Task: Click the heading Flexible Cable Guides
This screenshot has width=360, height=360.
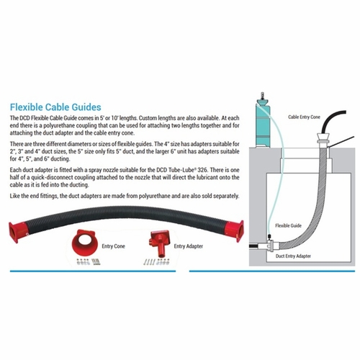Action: click(55, 107)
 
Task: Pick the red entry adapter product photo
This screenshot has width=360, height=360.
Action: click(160, 243)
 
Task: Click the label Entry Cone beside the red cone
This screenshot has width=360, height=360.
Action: click(113, 246)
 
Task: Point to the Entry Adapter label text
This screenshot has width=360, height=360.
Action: click(189, 246)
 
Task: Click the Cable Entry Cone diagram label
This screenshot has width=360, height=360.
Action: click(304, 117)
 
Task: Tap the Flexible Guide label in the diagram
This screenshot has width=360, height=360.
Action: click(288, 225)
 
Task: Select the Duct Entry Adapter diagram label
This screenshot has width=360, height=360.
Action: click(293, 256)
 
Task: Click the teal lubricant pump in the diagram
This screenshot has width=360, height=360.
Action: click(263, 122)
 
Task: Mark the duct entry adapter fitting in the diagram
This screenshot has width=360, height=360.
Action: click(271, 246)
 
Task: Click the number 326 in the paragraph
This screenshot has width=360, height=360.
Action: click(203, 170)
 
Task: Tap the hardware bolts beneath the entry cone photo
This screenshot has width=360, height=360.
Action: click(88, 261)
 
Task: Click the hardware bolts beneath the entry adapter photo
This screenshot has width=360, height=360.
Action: click(156, 261)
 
